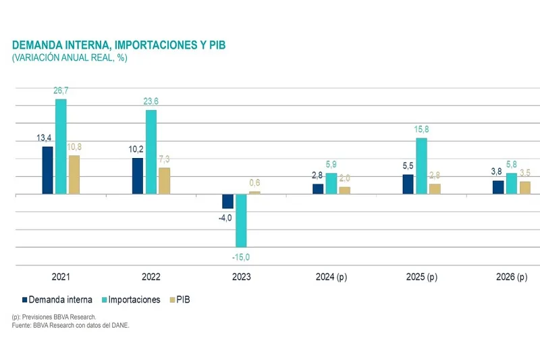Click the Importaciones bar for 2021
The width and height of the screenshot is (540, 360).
(61, 147)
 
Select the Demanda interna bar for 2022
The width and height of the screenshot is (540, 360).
(138, 176)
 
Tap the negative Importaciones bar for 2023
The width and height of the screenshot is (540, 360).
(241, 220)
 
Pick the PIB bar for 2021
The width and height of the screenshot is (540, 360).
(74, 174)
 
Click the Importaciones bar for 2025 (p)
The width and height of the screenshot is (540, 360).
(421, 165)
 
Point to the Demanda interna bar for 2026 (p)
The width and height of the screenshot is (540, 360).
(498, 187)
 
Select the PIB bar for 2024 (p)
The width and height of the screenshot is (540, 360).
(344, 190)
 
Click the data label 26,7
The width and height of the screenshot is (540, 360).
(61, 91)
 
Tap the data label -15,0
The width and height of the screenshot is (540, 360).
(241, 257)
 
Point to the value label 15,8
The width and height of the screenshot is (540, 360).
(421, 129)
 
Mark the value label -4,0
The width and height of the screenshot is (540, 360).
(225, 217)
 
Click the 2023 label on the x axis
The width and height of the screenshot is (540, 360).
(241, 278)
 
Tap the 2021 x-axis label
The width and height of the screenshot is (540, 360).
(61, 278)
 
